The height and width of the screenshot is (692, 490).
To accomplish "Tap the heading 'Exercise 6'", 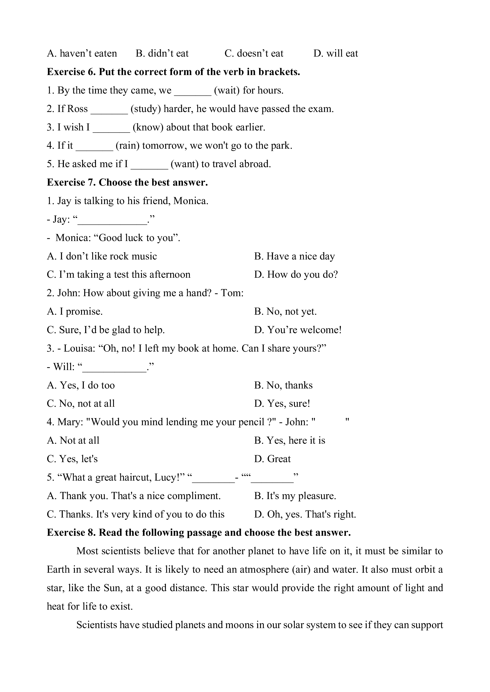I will coord(71,72).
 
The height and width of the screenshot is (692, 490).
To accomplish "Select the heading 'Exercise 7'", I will coord(71,182).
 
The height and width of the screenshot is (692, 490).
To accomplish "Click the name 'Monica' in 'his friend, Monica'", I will coord(190,201).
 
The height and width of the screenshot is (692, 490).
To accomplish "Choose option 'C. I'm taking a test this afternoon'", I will coord(119,275).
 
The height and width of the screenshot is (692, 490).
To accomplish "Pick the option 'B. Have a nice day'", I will coord(294,256).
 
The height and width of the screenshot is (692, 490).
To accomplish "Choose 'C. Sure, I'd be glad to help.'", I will coord(105,330).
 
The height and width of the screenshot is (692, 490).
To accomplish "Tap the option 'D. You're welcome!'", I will coord(298,330).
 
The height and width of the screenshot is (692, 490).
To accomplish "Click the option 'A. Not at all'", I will coord(73,440).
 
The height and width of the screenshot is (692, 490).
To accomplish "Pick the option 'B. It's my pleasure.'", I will coord(295,496).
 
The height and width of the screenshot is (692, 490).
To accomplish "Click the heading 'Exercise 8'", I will coord(71,533).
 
